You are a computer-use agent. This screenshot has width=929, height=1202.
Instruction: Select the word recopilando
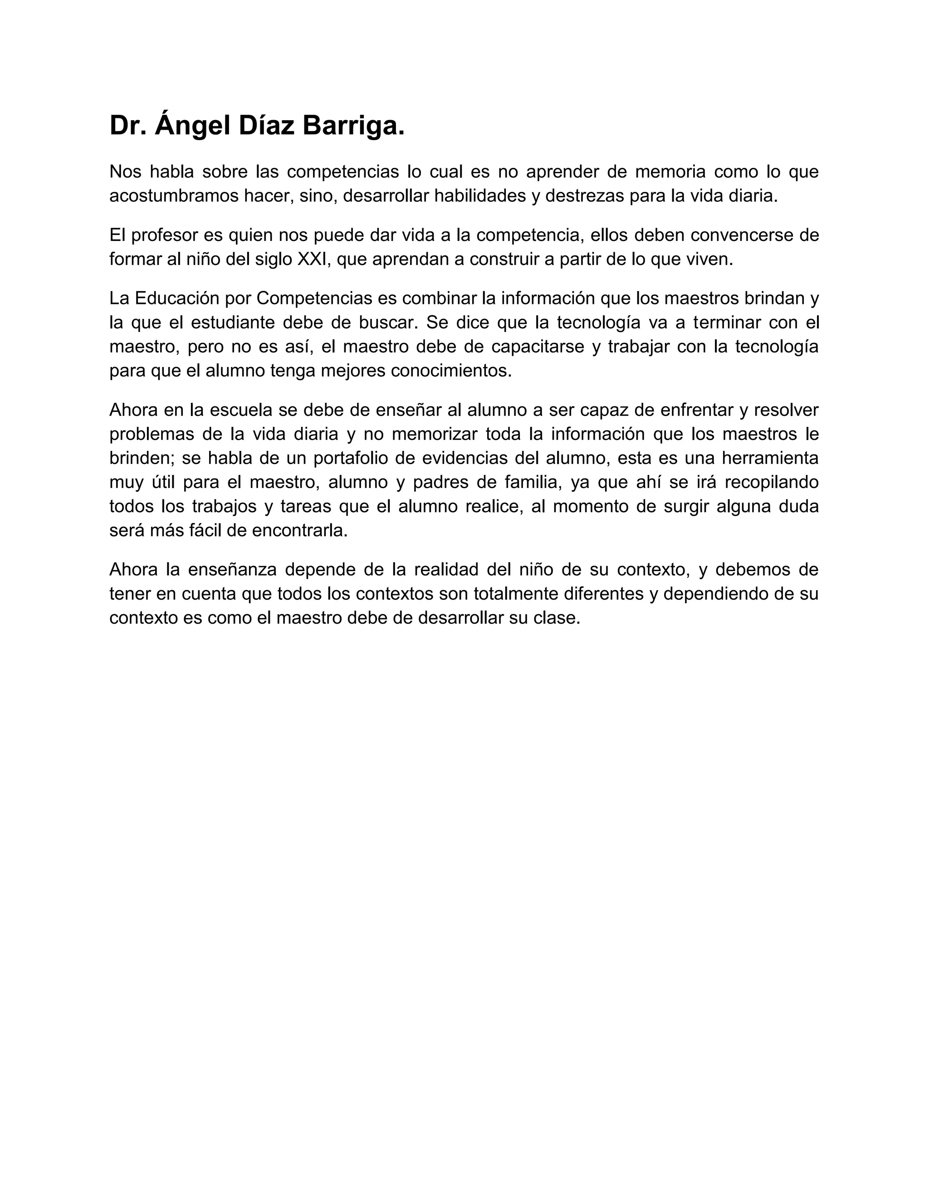click(x=772, y=482)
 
